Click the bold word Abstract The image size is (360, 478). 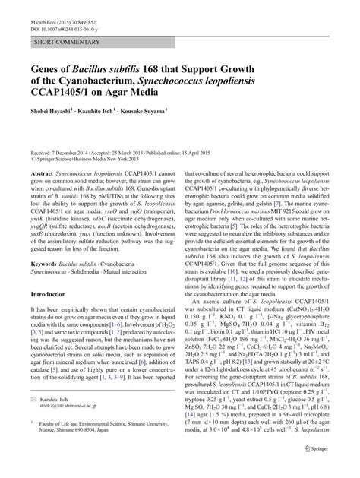tap(43, 174)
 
